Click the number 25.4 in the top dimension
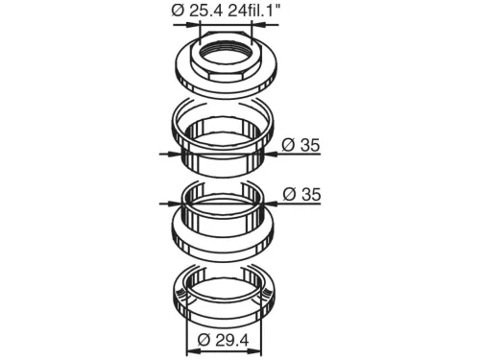[205, 11]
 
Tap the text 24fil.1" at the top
[254, 11]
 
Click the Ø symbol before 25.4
[178, 11]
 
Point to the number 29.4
[231, 340]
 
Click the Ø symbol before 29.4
[204, 340]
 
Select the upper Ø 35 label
[300, 145]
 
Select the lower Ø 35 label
[301, 195]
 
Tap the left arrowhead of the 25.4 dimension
[192, 25]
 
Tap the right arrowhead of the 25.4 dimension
[259, 25]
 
